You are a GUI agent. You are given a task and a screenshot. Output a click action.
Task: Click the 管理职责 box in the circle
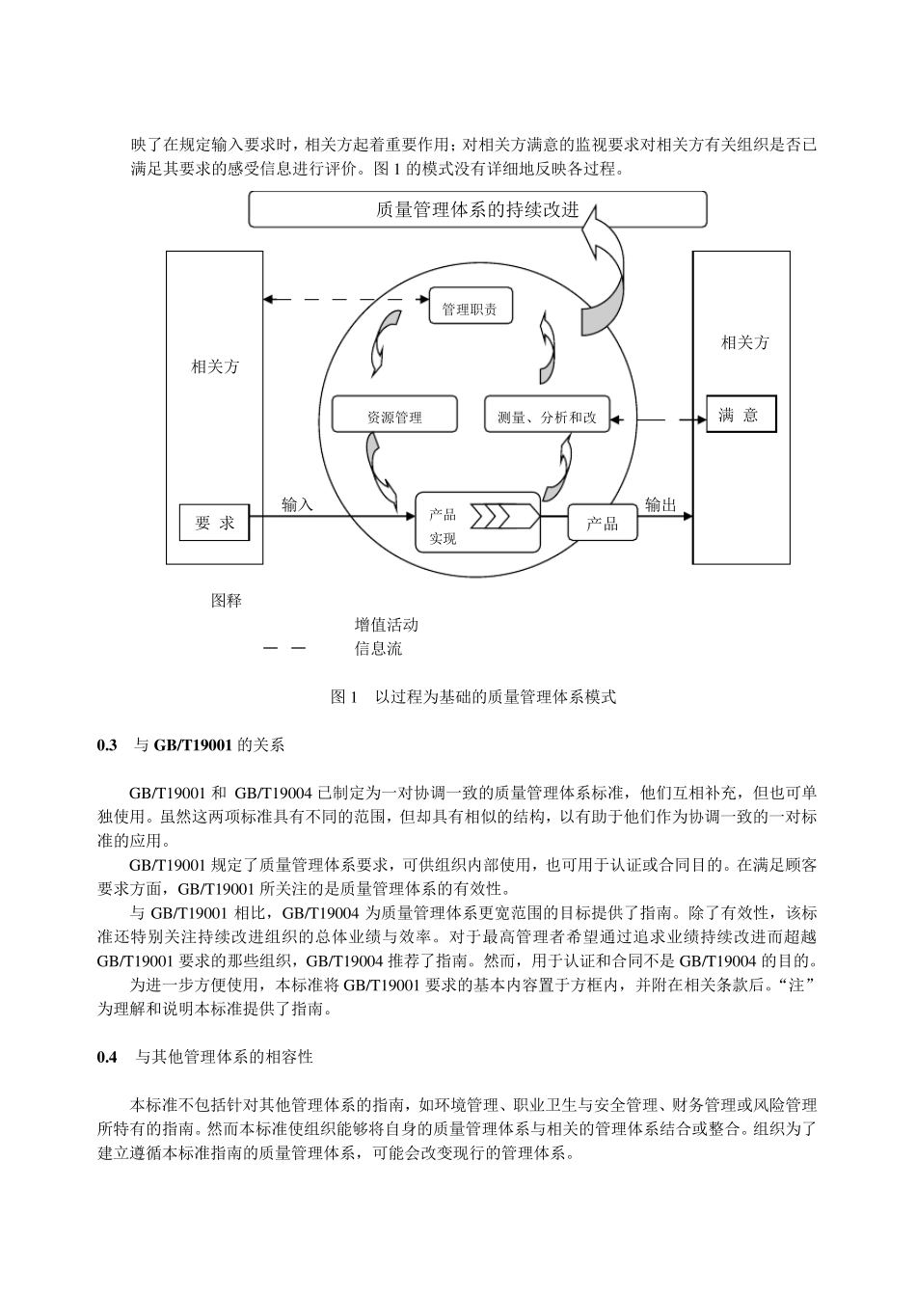(470, 308)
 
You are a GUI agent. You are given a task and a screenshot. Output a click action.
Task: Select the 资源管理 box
(393, 417)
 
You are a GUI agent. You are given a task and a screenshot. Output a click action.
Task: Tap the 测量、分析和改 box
(547, 417)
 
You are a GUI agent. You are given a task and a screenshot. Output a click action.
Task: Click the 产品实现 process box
(477, 522)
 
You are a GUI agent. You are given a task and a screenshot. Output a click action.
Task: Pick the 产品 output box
(603, 524)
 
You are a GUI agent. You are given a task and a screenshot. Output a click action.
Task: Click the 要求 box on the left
(214, 523)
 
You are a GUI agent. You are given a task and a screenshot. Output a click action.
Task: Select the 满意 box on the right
(740, 416)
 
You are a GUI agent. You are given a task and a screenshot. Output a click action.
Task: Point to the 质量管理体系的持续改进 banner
(477, 209)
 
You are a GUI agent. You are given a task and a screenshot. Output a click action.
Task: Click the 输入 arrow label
(297, 504)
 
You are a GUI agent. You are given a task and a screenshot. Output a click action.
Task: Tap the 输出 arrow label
(660, 504)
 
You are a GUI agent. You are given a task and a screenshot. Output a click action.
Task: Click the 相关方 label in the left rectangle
(215, 366)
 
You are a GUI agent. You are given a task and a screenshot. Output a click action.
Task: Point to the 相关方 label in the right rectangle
(745, 342)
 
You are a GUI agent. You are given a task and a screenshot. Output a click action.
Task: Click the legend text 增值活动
(386, 625)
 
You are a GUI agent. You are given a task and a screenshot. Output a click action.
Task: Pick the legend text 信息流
(378, 649)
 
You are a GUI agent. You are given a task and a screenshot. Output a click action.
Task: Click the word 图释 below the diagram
(227, 601)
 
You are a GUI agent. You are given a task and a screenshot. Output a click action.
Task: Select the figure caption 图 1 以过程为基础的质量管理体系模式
(472, 696)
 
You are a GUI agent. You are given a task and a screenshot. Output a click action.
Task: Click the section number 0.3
(107, 745)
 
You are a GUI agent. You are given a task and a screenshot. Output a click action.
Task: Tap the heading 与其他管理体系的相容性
(224, 1057)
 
